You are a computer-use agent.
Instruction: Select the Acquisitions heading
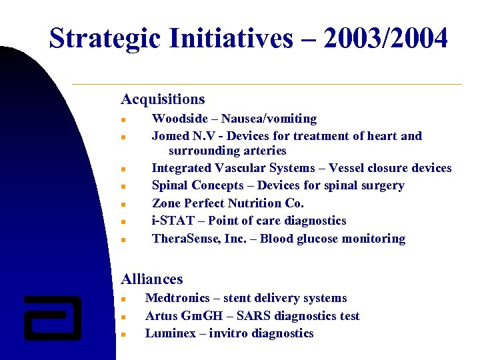click(x=163, y=99)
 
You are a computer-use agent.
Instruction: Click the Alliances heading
click(x=151, y=279)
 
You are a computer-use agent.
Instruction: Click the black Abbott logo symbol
click(x=53, y=317)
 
